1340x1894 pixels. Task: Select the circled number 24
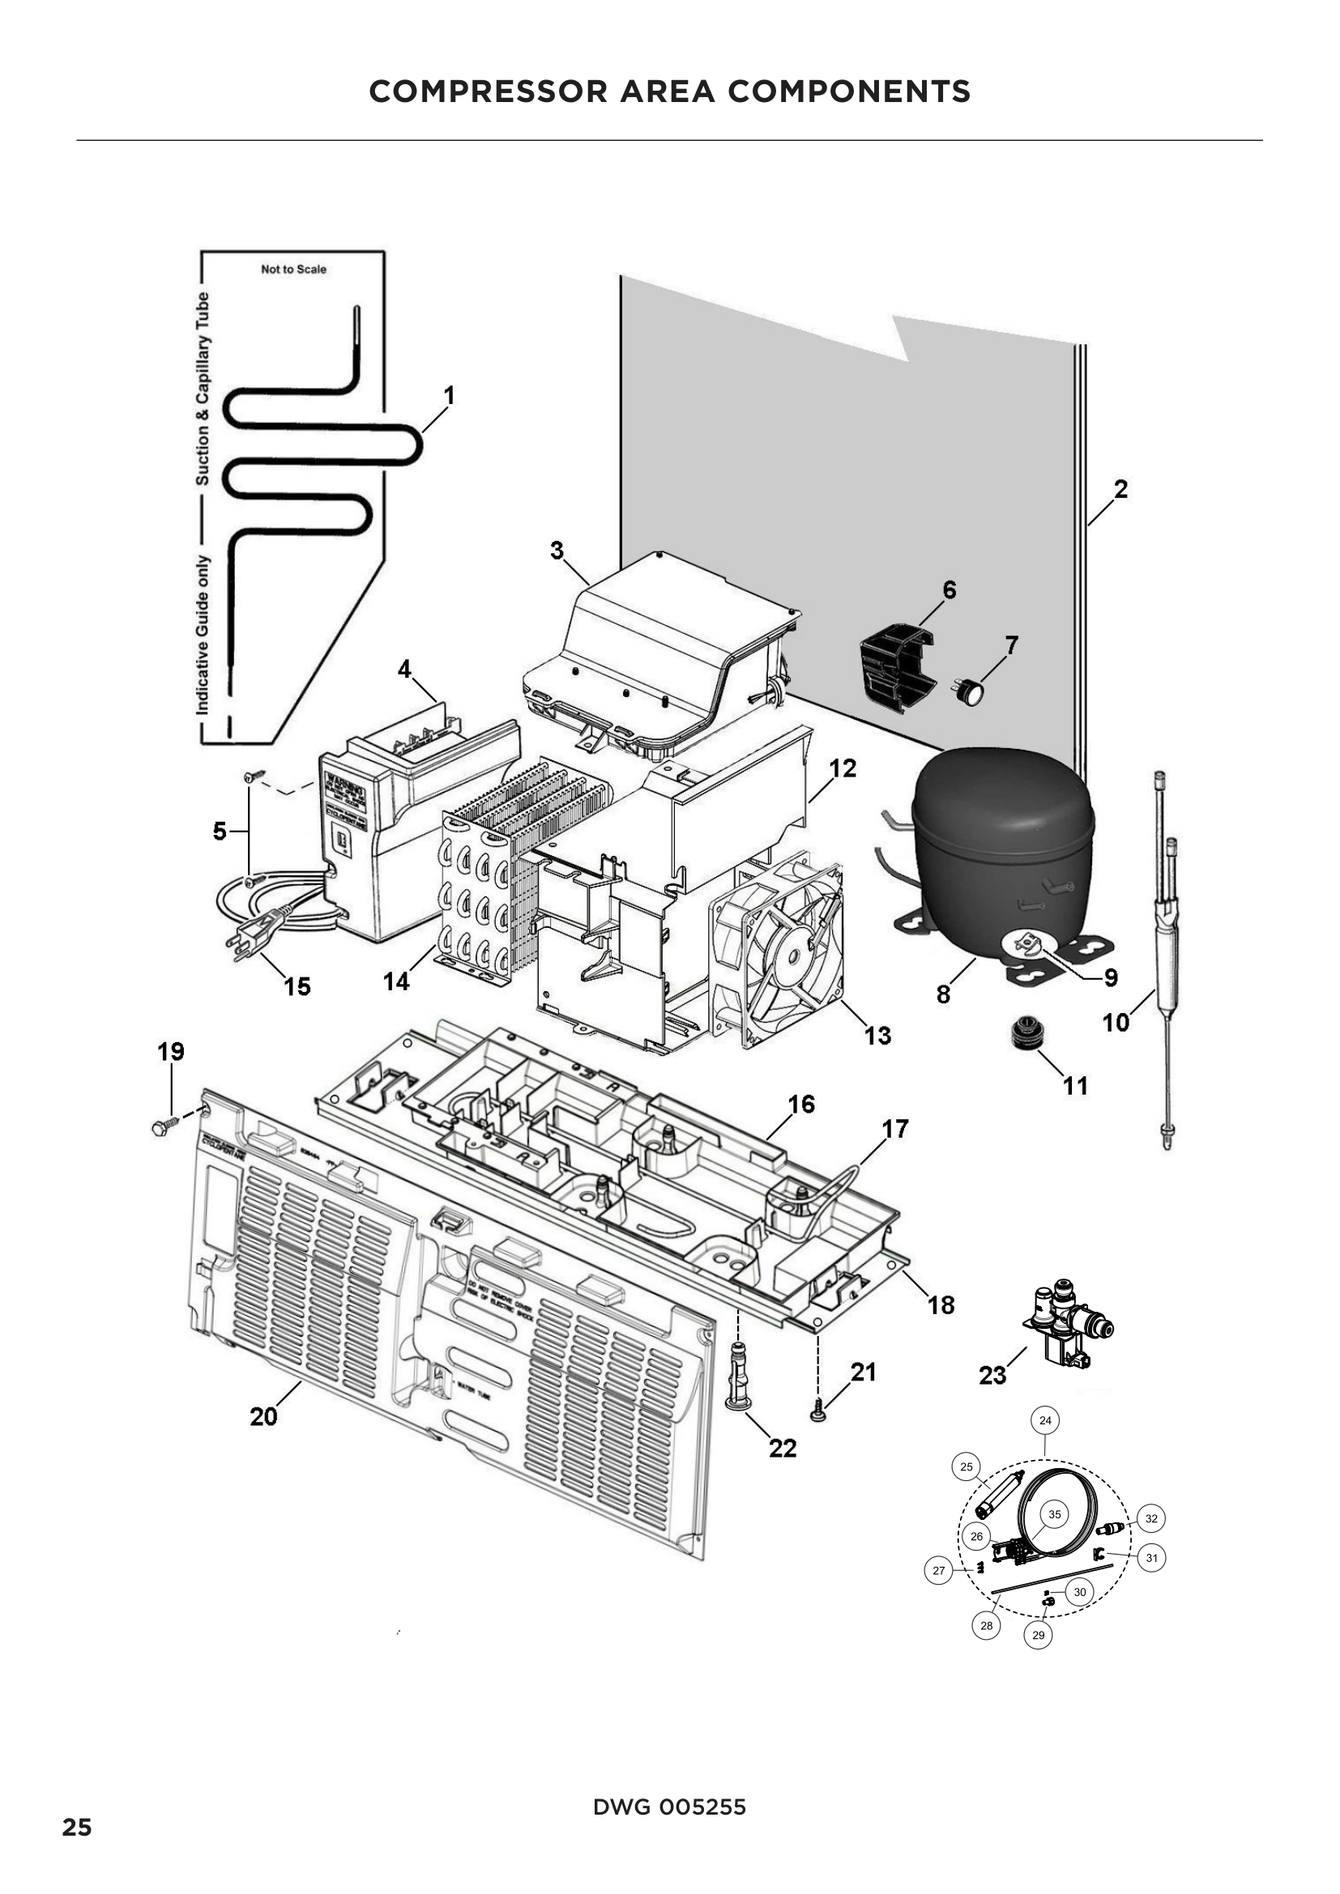[x=1044, y=1419]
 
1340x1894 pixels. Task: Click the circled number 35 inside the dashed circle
[x=1054, y=1513]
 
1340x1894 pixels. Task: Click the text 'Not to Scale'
[x=293, y=269]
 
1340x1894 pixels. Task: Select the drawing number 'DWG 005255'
[x=669, y=1807]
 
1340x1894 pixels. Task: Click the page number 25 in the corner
[x=77, y=1850]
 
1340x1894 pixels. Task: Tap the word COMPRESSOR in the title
[x=488, y=91]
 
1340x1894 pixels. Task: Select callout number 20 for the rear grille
[x=263, y=1416]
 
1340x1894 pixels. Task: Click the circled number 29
[x=1037, y=1634]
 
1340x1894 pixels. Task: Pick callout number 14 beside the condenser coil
[x=396, y=981]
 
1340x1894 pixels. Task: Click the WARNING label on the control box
[x=341, y=779]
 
